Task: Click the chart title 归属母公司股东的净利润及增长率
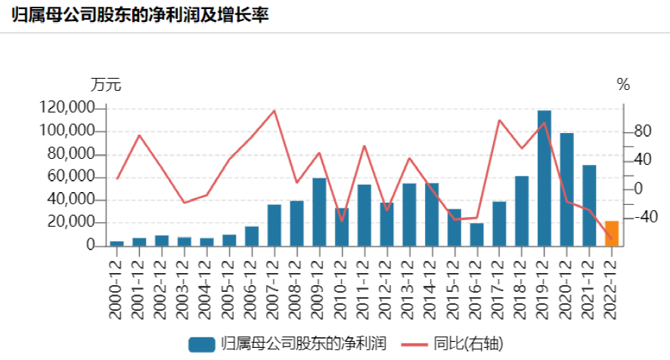[x=139, y=15]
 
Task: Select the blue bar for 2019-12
[x=544, y=178]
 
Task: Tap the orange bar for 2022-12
[x=612, y=234]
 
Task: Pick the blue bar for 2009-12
[x=319, y=213]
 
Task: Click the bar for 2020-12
[x=566, y=190]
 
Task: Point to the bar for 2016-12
[x=476, y=234]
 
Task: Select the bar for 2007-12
[x=275, y=225]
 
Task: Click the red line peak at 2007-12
[x=275, y=111]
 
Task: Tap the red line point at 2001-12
[x=140, y=135]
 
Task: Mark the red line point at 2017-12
[x=499, y=120]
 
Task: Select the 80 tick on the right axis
[x=642, y=132]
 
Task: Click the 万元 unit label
[x=106, y=85]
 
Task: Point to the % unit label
[x=623, y=85]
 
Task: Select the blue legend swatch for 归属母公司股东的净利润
[x=200, y=345]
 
